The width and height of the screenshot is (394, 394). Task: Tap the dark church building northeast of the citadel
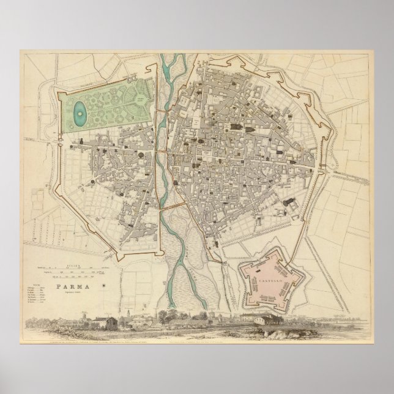tap(288, 203)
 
